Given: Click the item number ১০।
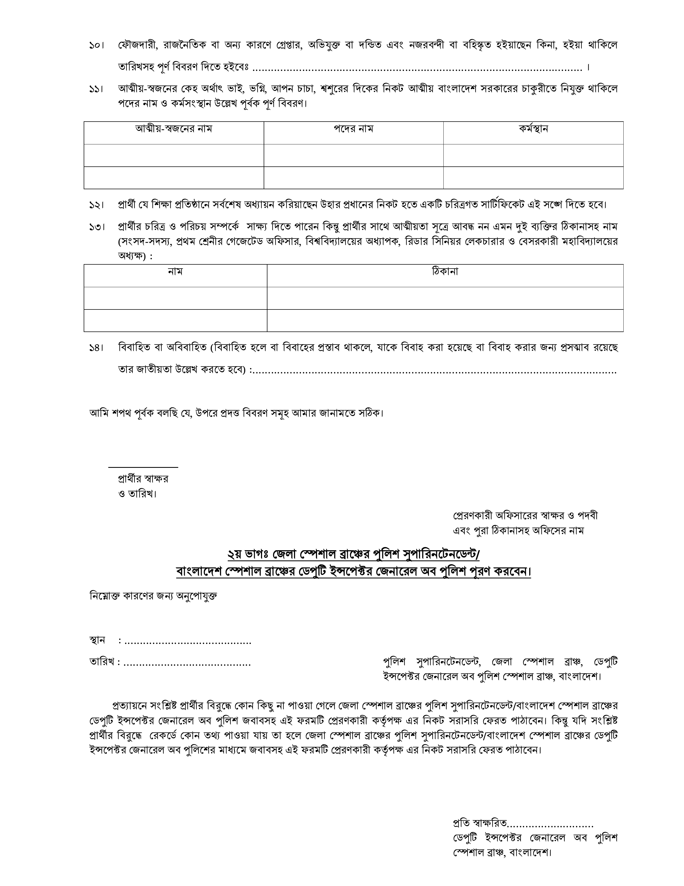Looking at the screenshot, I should [97, 45].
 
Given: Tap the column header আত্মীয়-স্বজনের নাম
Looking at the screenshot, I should [174, 129].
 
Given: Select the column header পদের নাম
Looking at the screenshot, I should [353, 129].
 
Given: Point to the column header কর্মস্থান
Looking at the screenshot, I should [533, 129].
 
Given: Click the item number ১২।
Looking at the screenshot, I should [97, 205].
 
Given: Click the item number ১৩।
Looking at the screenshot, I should [97, 227].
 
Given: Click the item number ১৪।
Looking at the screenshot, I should [97, 348].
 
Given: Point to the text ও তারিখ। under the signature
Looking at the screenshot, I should [137, 494].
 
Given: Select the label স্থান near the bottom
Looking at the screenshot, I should [97, 640].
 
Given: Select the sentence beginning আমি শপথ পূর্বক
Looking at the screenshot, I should [236, 413].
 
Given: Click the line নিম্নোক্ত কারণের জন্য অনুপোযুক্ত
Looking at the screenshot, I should [153, 596].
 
